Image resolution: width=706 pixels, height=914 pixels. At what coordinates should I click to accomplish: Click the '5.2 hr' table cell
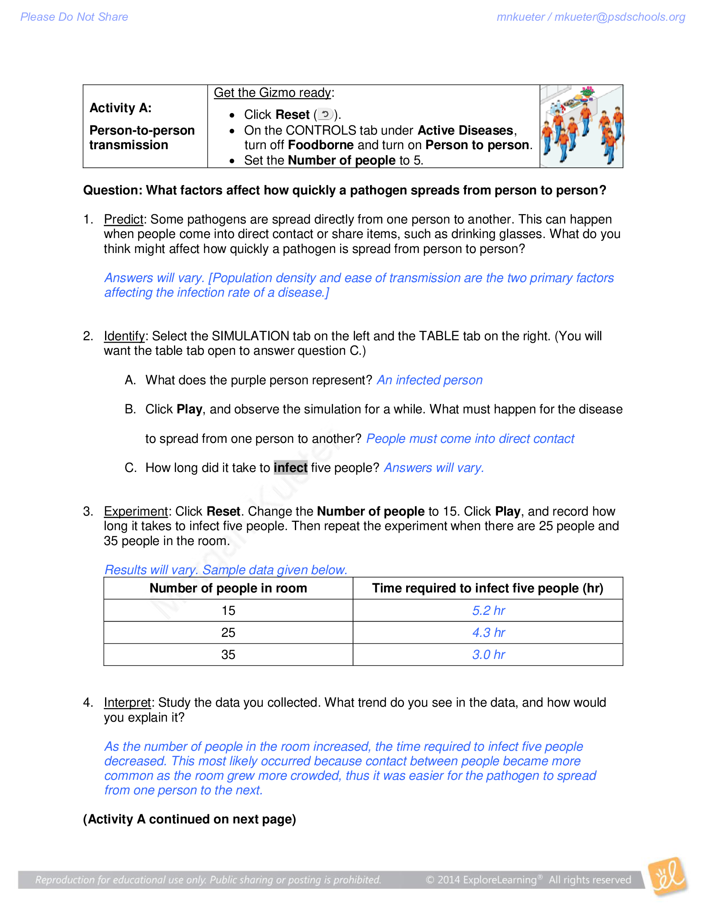click(488, 611)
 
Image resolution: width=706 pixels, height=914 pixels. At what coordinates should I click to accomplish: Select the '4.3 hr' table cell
click(488, 632)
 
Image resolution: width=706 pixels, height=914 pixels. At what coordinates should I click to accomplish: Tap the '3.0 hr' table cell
click(488, 654)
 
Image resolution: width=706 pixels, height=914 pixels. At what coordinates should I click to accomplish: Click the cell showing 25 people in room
click(228, 632)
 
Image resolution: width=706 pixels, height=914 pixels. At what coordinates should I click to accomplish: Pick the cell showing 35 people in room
click(228, 654)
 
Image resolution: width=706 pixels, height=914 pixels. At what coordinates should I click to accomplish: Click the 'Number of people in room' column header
click(228, 588)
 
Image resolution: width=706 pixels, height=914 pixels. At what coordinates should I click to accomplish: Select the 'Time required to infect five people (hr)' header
click(488, 588)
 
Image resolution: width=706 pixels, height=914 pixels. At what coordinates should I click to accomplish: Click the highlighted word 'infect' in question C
click(290, 467)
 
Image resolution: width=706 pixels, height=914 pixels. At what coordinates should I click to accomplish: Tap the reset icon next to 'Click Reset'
click(325, 114)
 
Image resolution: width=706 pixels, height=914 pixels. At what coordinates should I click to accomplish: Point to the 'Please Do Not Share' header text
click(74, 17)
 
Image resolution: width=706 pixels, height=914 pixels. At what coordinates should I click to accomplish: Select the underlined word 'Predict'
click(123, 219)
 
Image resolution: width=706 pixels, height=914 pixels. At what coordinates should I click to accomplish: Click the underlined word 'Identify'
click(124, 336)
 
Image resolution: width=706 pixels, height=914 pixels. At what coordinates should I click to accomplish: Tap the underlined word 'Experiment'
click(135, 511)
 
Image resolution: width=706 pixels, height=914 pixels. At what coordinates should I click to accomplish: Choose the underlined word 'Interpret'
click(127, 703)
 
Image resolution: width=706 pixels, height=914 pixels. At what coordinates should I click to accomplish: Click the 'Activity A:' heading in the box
click(120, 108)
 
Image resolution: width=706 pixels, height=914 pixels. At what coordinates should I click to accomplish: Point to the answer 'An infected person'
click(429, 380)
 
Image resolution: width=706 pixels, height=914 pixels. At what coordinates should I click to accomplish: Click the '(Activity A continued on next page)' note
click(189, 819)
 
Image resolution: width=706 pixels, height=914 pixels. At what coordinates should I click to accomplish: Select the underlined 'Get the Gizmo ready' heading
click(273, 93)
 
